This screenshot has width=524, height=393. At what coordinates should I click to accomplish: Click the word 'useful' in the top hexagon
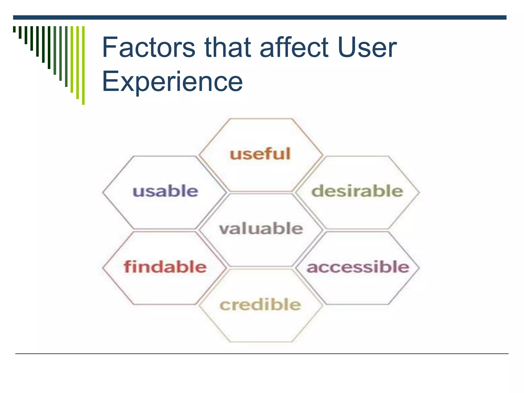tap(260, 154)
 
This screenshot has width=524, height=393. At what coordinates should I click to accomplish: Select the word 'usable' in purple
tap(165, 191)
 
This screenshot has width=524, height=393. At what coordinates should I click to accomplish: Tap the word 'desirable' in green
tap(357, 191)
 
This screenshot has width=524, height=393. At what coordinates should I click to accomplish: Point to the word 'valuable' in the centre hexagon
tap(261, 228)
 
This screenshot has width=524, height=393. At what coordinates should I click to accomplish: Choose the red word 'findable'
tap(165, 267)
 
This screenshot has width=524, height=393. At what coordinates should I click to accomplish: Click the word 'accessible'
tap(358, 267)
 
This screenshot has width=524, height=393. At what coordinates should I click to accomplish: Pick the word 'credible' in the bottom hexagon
tap(260, 304)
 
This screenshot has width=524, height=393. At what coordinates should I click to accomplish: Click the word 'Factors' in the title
tap(149, 47)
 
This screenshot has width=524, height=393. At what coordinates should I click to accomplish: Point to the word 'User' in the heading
tap(367, 47)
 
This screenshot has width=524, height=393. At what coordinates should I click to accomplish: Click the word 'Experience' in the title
tap(172, 81)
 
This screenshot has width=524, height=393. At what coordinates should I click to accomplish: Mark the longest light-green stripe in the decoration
tap(83, 65)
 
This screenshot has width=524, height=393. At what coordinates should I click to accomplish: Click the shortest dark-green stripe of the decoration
tap(14, 29)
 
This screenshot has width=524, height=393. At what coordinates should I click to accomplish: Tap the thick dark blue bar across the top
tap(260, 17)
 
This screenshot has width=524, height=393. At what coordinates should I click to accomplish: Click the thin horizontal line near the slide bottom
tap(262, 354)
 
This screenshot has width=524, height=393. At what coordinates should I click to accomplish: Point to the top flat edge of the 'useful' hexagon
tap(260, 119)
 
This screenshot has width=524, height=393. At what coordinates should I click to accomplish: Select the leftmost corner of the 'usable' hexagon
tap(103, 192)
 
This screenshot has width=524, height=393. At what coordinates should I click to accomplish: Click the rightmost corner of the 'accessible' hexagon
tap(419, 268)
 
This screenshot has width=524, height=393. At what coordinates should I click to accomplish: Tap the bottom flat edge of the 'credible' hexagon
tap(260, 342)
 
